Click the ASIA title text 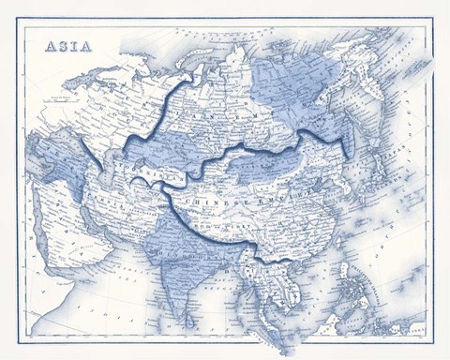click(x=68, y=47)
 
